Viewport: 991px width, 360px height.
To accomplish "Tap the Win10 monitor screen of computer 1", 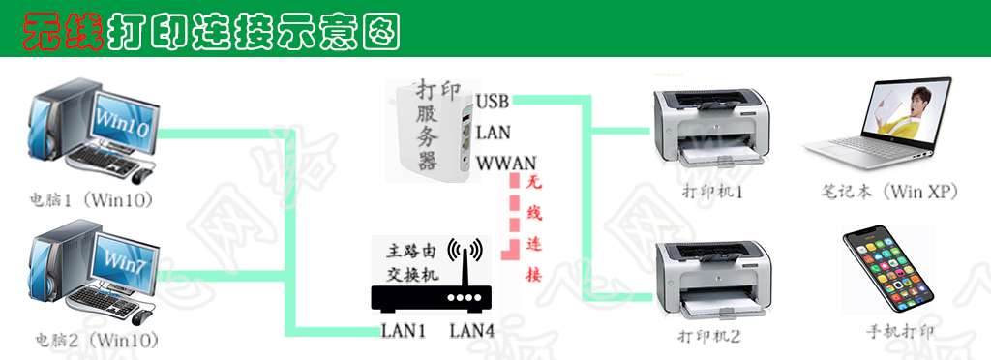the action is pos(122,123).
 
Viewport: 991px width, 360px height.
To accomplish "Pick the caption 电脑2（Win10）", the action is pos(95,340).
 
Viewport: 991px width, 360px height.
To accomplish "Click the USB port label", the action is pos(493,101).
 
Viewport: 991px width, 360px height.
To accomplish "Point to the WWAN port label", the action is pos(506,163).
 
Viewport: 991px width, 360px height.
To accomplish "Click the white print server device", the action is pos(429,131).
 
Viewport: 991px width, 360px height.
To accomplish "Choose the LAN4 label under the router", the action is pos(472,331).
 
